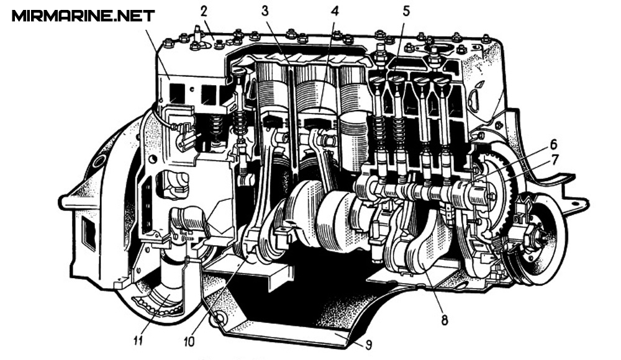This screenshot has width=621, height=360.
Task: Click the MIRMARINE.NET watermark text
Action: click(x=83, y=16)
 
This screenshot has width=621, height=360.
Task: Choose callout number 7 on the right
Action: click(x=554, y=160)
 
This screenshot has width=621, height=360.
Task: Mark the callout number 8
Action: click(x=445, y=319)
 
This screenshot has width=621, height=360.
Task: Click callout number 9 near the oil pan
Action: click(x=368, y=344)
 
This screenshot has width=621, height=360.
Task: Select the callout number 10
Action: click(x=189, y=341)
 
